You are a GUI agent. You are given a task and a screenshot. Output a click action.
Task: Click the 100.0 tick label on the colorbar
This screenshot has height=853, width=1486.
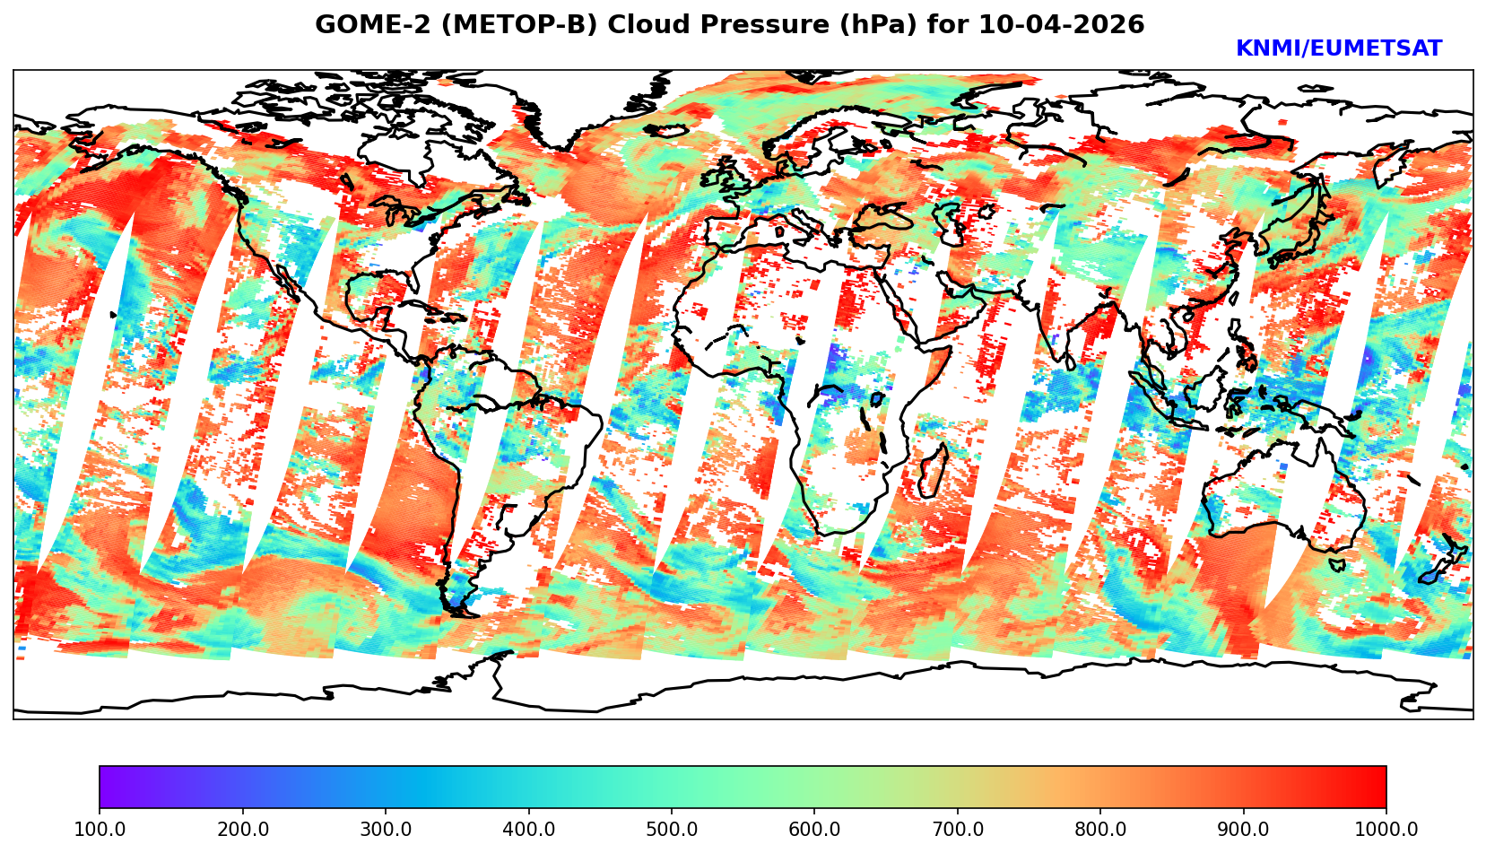(x=99, y=829)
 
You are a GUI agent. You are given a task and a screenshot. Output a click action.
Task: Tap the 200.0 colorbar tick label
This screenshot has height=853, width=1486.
(x=242, y=829)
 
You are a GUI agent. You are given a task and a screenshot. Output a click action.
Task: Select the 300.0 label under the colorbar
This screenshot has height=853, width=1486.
(x=385, y=829)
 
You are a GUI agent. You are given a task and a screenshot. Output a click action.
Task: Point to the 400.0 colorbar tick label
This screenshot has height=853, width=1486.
(x=528, y=829)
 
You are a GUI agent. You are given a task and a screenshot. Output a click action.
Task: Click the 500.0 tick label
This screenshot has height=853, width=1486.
(x=671, y=829)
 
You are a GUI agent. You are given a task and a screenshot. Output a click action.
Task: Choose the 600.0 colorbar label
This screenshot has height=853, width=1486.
(x=814, y=829)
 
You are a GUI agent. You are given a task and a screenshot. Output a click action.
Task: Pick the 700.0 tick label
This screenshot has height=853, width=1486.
(x=957, y=829)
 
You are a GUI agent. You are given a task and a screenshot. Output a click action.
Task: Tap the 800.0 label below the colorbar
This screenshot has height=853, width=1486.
(x=1100, y=829)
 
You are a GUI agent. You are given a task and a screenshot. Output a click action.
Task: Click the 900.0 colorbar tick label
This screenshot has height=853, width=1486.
(x=1243, y=829)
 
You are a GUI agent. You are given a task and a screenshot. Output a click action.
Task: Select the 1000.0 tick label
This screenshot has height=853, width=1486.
(x=1386, y=829)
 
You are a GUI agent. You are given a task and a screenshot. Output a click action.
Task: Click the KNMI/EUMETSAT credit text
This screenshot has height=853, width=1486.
(x=1338, y=49)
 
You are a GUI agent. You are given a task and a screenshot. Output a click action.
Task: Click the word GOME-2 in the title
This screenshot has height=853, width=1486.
(x=362, y=25)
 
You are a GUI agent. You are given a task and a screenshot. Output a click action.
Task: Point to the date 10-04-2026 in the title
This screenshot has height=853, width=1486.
(x=1062, y=25)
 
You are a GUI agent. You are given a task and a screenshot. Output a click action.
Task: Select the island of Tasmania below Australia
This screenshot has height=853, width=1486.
(x=1336, y=565)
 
